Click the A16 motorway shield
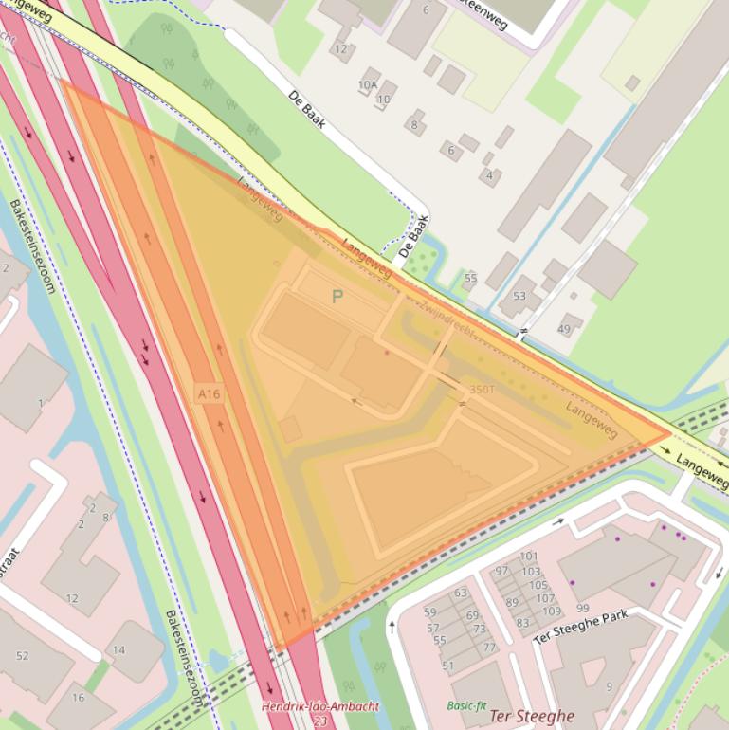[210, 393]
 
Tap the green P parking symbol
[337, 297]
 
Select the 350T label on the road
[482, 390]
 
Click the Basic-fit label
[465, 705]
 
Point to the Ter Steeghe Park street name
[580, 628]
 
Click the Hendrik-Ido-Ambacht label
[320, 706]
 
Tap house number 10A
[368, 85]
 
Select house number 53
[519, 297]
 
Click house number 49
[564, 329]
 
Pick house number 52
[23, 656]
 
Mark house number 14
[118, 650]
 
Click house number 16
[78, 698]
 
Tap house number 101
[529, 557]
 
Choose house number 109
[551, 611]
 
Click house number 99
[582, 608]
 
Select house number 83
[522, 623]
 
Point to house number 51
[447, 666]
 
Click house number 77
[489, 648]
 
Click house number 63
[461, 593]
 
